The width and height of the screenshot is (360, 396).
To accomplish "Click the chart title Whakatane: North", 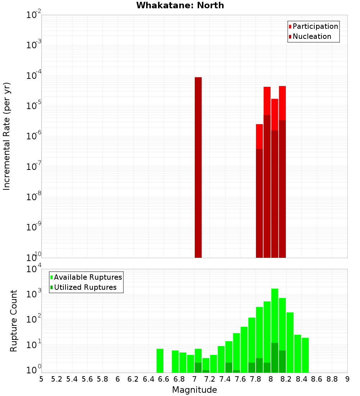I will pyautogui.click(x=180, y=5).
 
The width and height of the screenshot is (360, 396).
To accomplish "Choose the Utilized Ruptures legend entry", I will pyautogui.click(x=85, y=287).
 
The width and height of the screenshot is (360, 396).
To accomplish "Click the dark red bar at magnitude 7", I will pyautogui.click(x=198, y=167).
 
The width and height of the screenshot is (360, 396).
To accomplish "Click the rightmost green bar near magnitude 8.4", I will pyautogui.click(x=305, y=355).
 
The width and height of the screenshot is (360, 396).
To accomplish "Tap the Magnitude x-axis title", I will pyautogui.click(x=194, y=390).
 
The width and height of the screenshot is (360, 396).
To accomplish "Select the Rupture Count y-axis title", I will pyautogui.click(x=14, y=321).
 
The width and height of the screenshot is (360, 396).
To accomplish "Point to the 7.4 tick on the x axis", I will pyautogui.click(x=225, y=379).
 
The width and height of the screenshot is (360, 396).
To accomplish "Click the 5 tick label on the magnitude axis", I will pyautogui.click(x=41, y=379).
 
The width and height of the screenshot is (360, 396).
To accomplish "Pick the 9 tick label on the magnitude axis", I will pyautogui.click(x=347, y=379).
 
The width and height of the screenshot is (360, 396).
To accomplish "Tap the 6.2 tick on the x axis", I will pyautogui.click(x=133, y=379).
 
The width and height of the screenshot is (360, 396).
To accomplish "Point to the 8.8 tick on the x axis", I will pyautogui.click(x=332, y=379).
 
